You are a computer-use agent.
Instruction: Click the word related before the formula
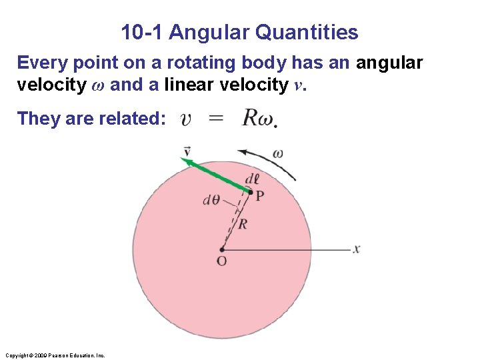133,119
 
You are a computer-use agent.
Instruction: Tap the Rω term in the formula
258,119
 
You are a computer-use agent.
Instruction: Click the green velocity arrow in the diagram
217,175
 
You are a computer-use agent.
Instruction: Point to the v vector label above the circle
187,151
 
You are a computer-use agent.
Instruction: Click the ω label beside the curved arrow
277,154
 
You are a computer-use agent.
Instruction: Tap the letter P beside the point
260,195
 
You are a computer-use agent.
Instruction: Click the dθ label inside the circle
211,200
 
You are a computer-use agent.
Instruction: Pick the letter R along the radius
243,224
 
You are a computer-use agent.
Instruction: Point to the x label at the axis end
357,249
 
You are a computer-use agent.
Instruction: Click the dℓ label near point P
252,180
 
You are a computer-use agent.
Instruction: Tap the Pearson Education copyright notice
55,355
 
